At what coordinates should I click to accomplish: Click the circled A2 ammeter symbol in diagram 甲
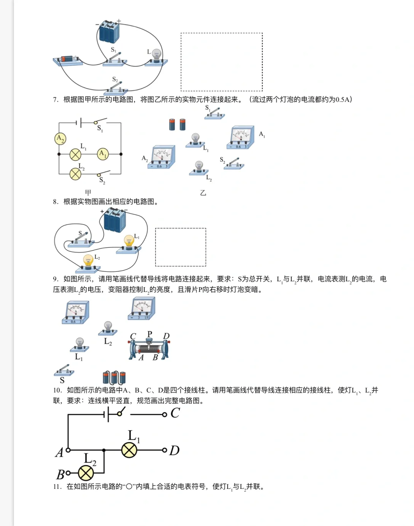coord(60,139)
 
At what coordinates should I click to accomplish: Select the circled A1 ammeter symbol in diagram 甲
coord(103,154)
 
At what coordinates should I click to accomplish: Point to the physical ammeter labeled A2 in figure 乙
coord(163,157)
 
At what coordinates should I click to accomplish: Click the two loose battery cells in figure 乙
coord(177,124)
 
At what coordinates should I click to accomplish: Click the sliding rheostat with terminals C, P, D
coord(149,348)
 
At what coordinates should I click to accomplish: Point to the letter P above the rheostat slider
coord(150,334)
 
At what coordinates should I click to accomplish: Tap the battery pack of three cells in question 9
coord(114,378)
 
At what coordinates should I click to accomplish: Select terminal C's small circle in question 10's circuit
coord(164,414)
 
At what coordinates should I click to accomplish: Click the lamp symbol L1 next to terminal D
coord(129,450)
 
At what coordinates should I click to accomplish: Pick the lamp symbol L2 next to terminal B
coord(86,473)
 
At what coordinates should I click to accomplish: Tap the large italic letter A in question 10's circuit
coord(59,453)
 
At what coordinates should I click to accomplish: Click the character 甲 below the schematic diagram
coord(88,193)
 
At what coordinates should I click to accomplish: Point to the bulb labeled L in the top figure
coord(156,56)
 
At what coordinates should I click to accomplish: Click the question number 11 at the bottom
coord(57,486)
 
